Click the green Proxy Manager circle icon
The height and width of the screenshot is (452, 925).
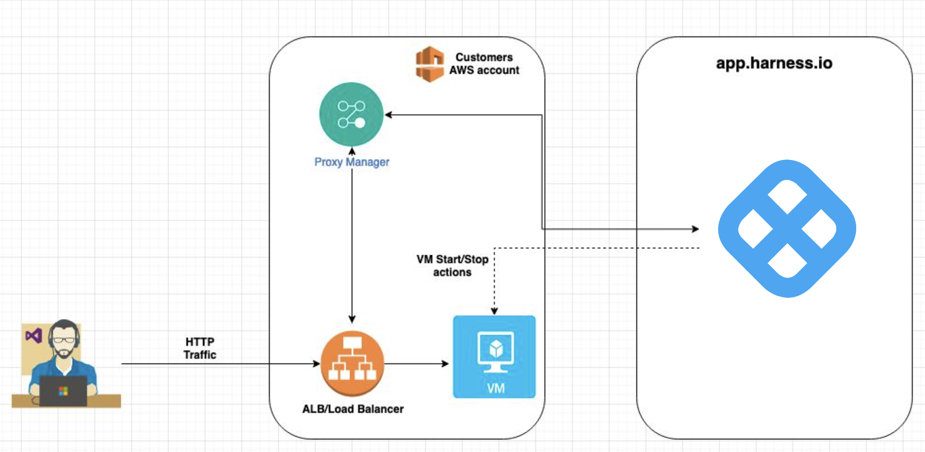point(351,114)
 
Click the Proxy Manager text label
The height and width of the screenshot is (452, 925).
point(351,162)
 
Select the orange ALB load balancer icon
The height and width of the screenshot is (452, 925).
point(352,363)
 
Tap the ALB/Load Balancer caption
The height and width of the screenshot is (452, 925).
point(353,409)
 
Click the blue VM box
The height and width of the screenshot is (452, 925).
point(494,357)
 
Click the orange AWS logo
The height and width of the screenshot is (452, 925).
point(429,64)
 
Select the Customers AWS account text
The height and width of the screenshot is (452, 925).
point(484,64)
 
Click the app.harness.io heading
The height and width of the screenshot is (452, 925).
point(774,63)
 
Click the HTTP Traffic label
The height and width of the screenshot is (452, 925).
point(200,348)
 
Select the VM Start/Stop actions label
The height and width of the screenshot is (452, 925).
point(452,266)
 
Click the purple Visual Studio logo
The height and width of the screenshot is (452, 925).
point(34,336)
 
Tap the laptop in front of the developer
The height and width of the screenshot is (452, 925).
point(63,391)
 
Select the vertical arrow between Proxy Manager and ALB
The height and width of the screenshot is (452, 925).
point(352,237)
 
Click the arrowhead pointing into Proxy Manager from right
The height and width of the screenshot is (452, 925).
point(389,115)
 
